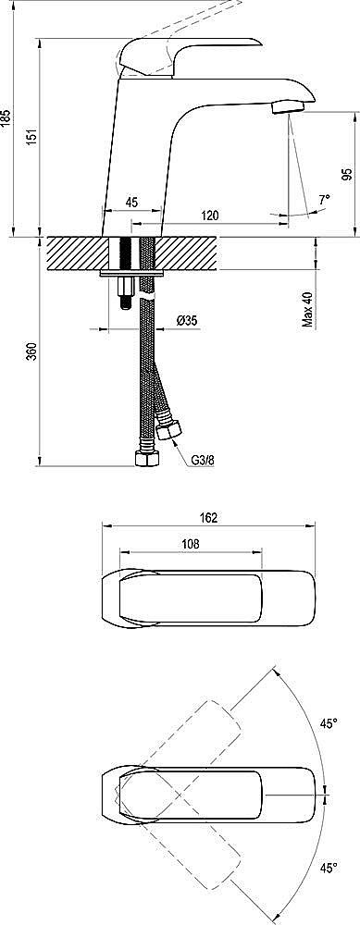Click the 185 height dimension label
[6, 117]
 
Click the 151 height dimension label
[32, 135]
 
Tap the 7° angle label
[323, 199]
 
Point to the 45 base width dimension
[131, 202]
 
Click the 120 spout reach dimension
[210, 216]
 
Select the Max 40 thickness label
[307, 311]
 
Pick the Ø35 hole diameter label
[186, 321]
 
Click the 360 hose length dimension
[32, 351]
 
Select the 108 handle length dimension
[189, 546]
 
